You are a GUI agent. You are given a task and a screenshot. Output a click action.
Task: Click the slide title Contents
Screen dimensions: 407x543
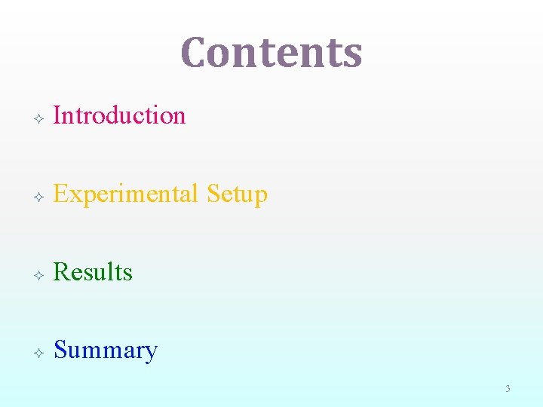(271, 53)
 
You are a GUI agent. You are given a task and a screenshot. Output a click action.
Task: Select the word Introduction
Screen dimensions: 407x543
(120, 115)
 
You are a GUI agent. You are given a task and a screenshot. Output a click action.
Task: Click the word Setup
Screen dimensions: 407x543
(237, 194)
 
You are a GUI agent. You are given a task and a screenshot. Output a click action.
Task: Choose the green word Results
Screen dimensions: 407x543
(94, 272)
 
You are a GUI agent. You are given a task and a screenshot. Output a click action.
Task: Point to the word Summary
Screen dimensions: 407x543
(106, 351)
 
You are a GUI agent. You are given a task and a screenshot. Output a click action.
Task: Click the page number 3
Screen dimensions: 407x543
(508, 389)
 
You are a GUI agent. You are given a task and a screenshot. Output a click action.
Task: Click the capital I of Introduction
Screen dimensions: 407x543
(58, 115)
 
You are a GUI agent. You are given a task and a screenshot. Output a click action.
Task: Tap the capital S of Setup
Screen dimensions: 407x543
(213, 194)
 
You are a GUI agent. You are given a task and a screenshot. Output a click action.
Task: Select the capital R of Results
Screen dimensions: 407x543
(62, 272)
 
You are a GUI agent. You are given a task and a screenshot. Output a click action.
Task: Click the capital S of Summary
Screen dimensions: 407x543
(60, 350)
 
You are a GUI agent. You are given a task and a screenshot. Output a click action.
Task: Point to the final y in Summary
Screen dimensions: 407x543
(151, 353)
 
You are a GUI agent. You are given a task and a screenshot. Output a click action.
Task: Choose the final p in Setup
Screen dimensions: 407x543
(261, 197)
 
